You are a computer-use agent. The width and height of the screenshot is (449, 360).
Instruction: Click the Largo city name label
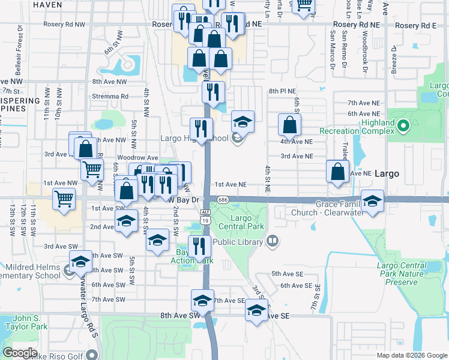coord(387,173)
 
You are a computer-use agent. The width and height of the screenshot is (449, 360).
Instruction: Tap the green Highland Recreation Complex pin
coord(404,127)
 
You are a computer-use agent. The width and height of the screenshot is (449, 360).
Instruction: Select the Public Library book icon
coord(273,242)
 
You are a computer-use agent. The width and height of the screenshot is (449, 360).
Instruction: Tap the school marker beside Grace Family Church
coord(372,201)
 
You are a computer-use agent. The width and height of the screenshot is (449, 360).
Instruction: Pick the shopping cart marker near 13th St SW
coord(64,198)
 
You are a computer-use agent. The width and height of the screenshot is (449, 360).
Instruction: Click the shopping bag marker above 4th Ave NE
coord(289,124)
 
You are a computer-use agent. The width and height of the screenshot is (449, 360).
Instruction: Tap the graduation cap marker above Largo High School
coord(242,122)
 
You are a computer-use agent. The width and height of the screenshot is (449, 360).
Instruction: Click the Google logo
coord(20,353)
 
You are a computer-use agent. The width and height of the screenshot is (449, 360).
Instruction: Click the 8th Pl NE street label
coord(283,91)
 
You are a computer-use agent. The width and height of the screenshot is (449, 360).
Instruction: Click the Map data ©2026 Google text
coord(411,355)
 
